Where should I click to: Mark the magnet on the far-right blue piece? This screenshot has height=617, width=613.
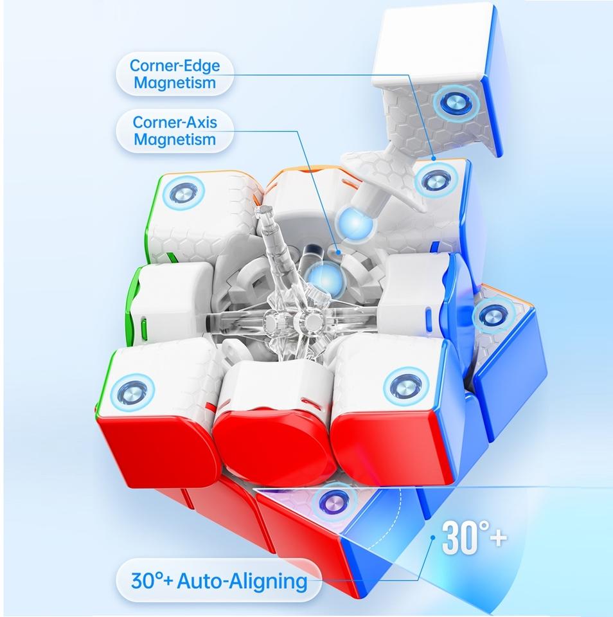point(492,315)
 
